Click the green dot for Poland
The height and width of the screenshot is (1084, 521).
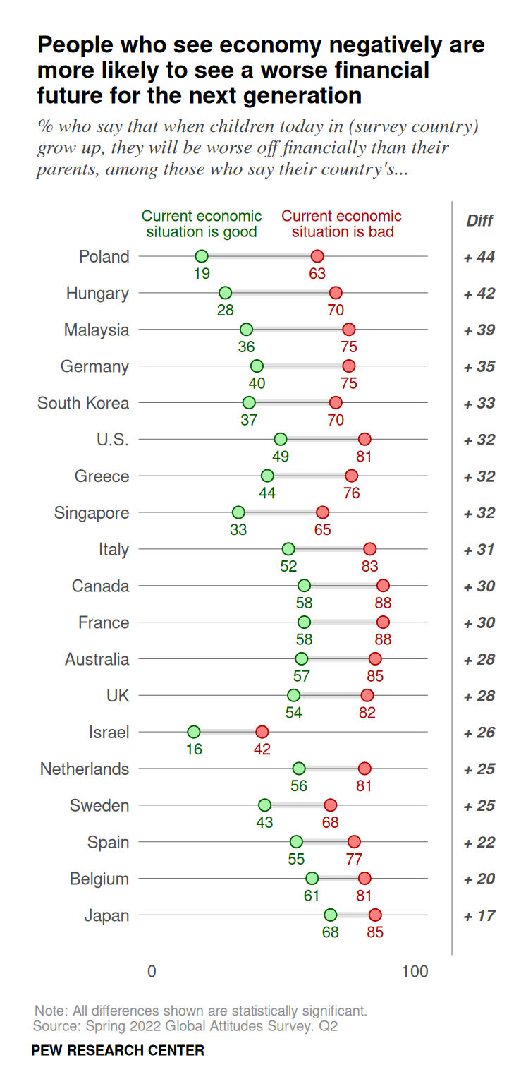[x=202, y=256]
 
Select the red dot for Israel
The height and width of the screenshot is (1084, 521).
[x=262, y=732]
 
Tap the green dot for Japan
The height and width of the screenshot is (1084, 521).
[x=330, y=915]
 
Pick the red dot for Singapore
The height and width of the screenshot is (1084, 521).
[x=322, y=512]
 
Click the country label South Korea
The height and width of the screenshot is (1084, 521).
[x=83, y=403]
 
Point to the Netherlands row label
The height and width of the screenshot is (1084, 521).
[x=85, y=769]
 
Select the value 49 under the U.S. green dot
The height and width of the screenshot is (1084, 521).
[x=280, y=456]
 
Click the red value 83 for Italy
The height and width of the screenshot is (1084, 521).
[x=369, y=566]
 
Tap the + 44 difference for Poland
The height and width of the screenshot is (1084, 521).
[x=479, y=257]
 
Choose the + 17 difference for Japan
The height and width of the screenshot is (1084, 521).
[x=479, y=916]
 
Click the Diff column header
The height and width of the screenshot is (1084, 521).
[x=479, y=220]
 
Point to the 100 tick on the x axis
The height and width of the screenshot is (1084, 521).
[x=415, y=971]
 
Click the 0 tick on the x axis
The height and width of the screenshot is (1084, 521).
[x=152, y=971]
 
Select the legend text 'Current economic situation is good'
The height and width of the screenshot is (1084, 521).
[x=202, y=224]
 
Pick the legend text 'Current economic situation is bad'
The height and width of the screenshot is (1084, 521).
[x=342, y=224]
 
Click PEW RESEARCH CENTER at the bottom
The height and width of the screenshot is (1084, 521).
[x=118, y=1050]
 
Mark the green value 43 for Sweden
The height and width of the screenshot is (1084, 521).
[x=264, y=822]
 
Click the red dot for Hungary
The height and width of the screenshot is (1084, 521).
[x=336, y=293]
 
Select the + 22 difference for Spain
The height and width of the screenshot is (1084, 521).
[x=479, y=843]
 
